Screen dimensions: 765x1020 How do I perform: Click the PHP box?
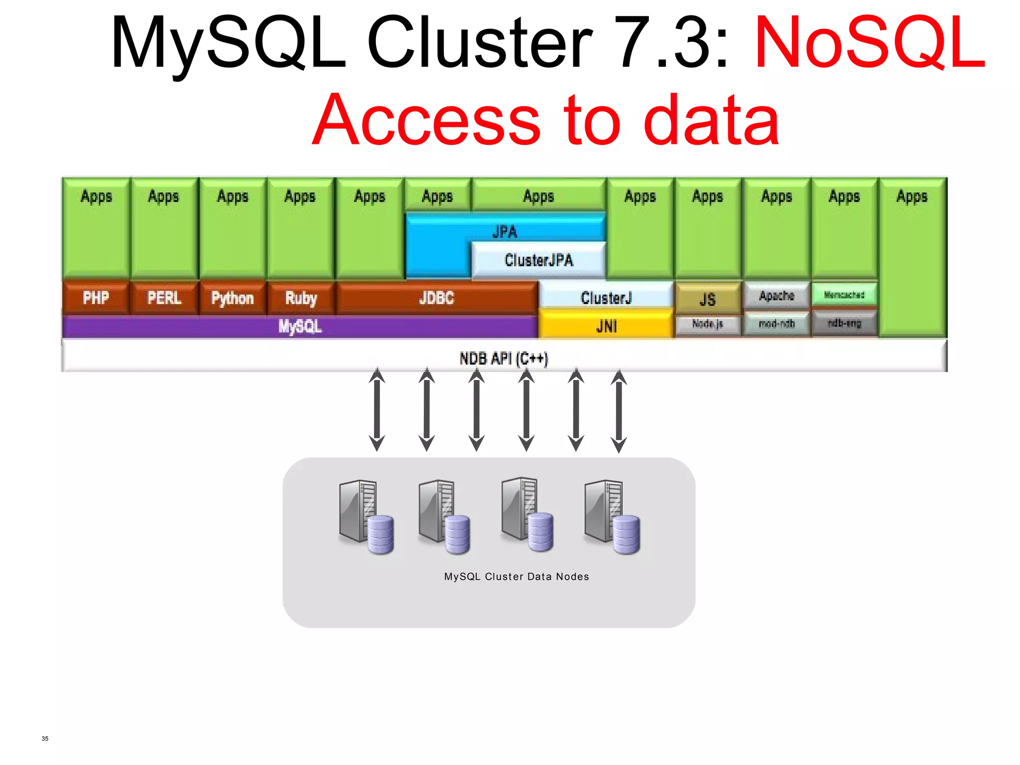(x=96, y=298)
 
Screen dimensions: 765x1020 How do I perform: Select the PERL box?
(x=164, y=298)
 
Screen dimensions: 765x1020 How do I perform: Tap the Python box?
(x=232, y=298)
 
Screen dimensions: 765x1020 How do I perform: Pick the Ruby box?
(x=300, y=298)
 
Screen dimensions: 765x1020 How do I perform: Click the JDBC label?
(x=436, y=298)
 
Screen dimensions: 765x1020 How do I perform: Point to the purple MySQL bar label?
(x=300, y=327)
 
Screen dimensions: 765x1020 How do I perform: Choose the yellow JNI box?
(x=606, y=326)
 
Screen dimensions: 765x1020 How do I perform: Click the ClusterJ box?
(x=606, y=297)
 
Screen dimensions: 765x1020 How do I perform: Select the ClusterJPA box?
(x=539, y=259)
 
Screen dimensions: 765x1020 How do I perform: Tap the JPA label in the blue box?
(x=505, y=231)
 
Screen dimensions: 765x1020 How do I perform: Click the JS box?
(x=707, y=299)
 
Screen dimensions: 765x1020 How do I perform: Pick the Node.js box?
(x=707, y=324)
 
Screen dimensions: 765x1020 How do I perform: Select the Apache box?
(x=776, y=295)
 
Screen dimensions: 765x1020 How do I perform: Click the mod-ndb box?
(x=776, y=324)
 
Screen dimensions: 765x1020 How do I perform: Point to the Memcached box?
(x=844, y=294)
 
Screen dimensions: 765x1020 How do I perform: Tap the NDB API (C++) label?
(x=504, y=358)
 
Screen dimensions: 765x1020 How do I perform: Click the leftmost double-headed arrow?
(x=377, y=409)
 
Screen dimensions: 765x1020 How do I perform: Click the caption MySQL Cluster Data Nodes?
(x=516, y=576)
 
